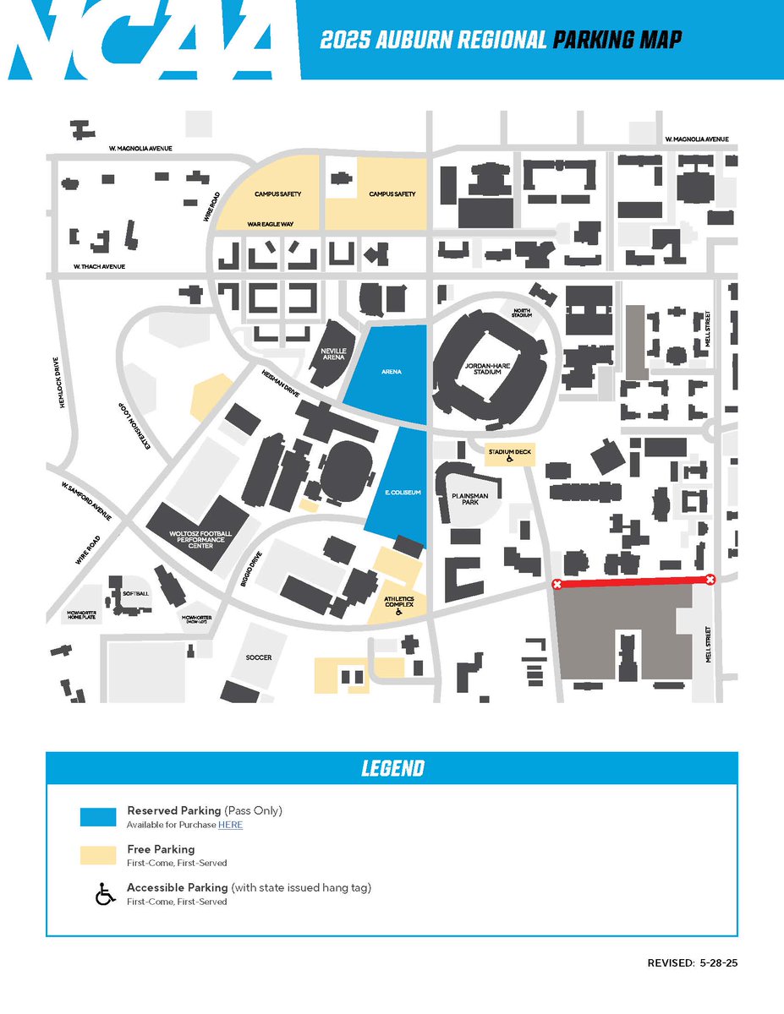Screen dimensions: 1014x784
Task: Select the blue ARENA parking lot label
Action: pos(391,371)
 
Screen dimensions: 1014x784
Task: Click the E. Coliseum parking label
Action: pos(397,491)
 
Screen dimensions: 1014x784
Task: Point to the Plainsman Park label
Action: pos(464,498)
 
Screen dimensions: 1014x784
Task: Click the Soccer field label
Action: pos(259,657)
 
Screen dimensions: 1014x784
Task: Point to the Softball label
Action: pos(135,593)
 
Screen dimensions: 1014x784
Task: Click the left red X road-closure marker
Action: pos(556,585)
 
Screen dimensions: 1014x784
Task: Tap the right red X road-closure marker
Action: pos(710,579)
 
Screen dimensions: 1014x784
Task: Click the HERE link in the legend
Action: pos(230,825)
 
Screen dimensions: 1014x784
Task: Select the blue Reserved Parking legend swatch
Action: pos(98,816)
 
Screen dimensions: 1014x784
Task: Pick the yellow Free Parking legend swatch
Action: pos(98,854)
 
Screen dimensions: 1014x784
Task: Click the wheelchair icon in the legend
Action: pos(105,893)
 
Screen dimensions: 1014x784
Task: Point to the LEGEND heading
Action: pos(392,768)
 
